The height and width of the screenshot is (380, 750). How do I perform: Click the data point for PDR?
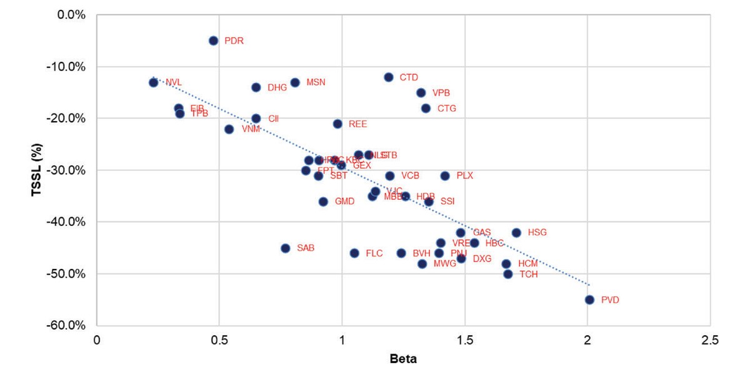[213, 41]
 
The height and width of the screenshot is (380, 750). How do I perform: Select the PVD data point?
[589, 300]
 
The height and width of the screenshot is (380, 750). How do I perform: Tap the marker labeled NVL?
[153, 82]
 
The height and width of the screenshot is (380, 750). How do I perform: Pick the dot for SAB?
[286, 248]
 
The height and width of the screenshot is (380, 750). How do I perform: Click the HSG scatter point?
[516, 233]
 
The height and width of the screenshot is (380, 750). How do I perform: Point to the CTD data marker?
[388, 77]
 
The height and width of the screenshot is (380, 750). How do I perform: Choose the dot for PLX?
[445, 176]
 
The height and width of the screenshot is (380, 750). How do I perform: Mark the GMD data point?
[323, 202]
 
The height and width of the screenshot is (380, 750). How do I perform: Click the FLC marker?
[354, 253]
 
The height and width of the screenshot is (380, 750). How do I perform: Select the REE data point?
[337, 124]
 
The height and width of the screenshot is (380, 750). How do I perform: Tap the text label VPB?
[441, 93]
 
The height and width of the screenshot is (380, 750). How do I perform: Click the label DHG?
[277, 87]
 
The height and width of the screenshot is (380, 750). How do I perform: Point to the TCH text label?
[529, 275]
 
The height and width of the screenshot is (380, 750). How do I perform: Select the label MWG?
[445, 264]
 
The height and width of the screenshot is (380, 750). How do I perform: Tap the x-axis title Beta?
[403, 359]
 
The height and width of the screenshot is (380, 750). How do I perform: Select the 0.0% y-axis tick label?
[72, 14]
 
